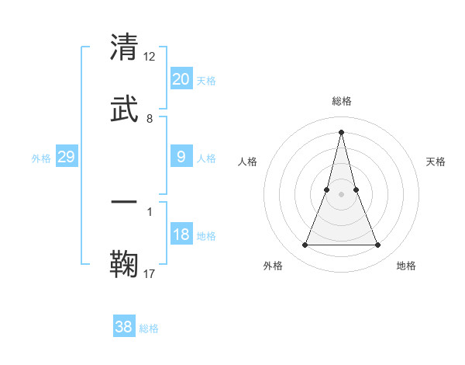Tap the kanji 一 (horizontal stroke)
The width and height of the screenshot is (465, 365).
point(125,202)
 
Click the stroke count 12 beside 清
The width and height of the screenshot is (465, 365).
point(150,56)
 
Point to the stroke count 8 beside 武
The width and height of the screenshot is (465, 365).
point(150,119)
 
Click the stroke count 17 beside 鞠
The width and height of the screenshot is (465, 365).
point(150,273)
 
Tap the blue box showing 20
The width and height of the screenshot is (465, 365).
point(181,79)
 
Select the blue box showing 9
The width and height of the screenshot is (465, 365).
point(181,157)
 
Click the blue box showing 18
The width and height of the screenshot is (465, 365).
point(181,235)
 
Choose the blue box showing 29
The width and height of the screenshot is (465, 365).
point(66,157)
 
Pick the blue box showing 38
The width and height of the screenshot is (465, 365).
point(124,327)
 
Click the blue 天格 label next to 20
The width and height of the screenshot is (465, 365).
point(206,81)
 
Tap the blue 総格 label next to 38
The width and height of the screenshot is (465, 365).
point(149,328)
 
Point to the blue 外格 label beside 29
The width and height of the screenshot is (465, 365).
point(41,158)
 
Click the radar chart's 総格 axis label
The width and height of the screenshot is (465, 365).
point(341,101)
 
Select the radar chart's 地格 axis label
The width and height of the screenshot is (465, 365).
point(406,266)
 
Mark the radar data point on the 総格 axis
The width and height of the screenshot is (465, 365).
point(341,131)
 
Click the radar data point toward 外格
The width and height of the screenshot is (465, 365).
point(305,245)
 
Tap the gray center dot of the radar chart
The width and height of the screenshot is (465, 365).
point(341,194)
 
